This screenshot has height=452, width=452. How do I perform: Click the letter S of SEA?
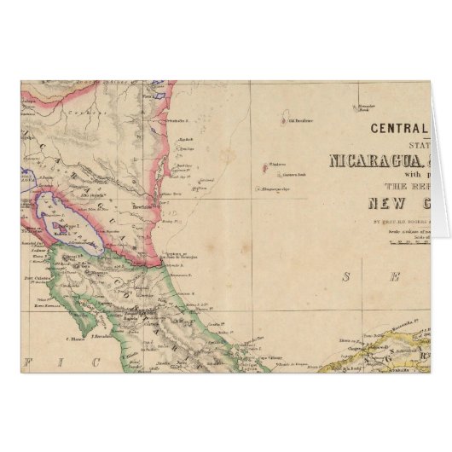click(346, 275)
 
